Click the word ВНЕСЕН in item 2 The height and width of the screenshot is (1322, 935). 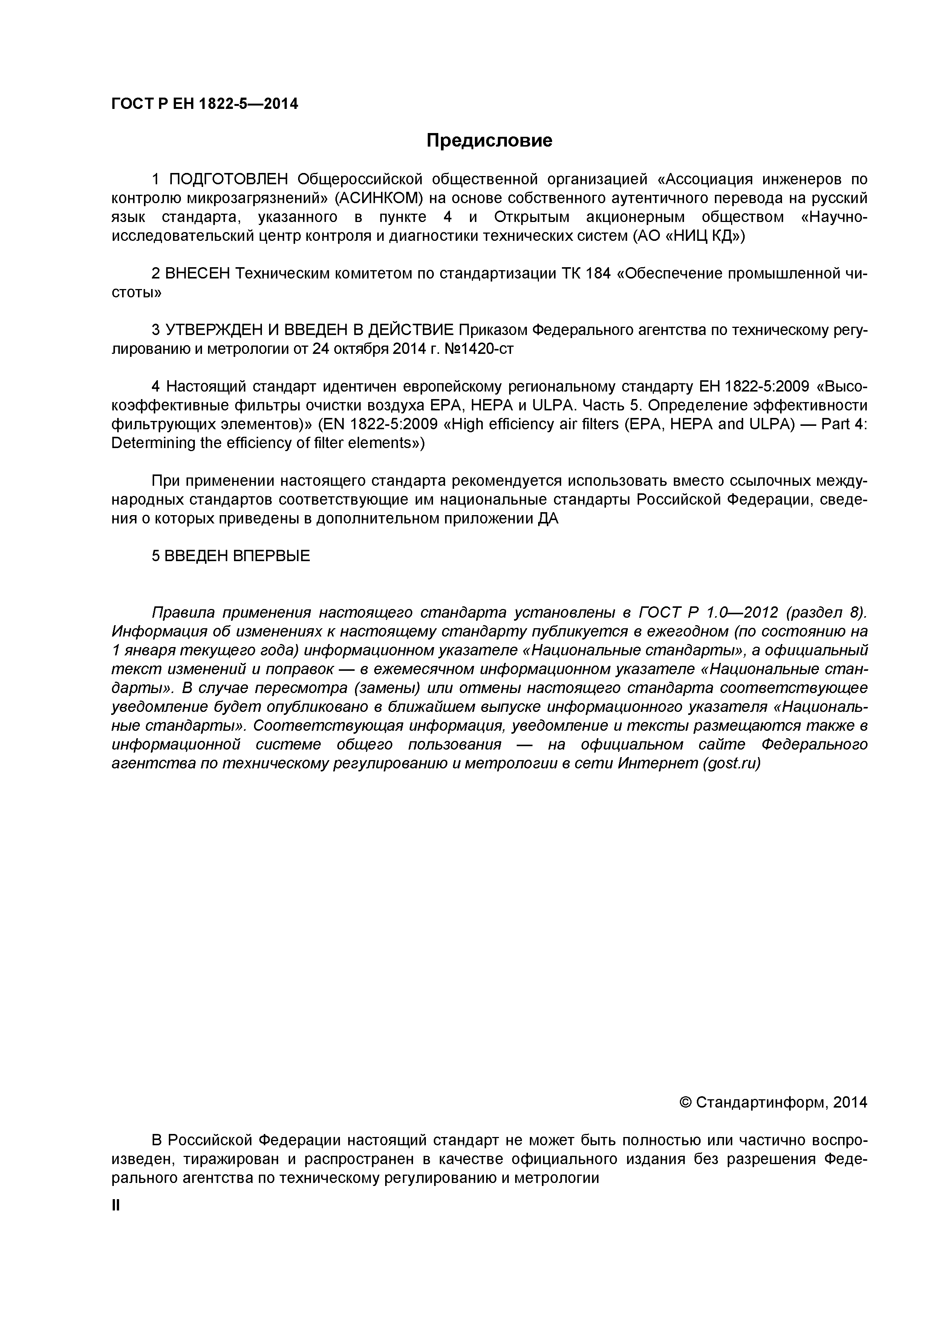(197, 274)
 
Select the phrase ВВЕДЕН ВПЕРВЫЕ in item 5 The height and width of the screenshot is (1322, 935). (237, 555)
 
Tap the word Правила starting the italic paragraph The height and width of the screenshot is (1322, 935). (182, 612)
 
